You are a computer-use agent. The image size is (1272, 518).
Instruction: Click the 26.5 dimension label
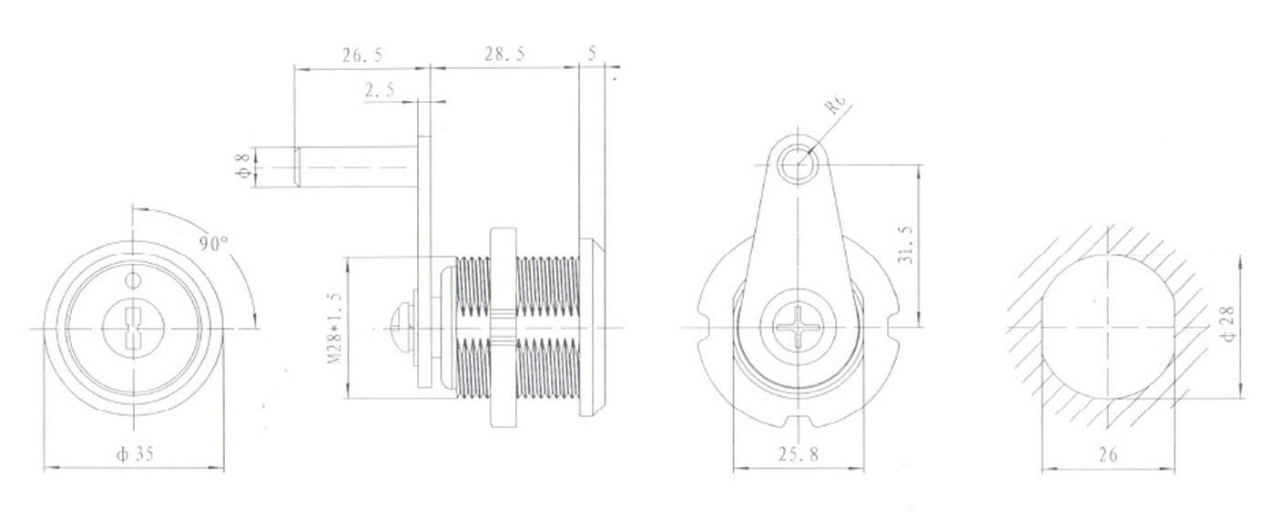[361, 56]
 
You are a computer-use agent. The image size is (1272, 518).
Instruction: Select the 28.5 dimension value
[504, 55]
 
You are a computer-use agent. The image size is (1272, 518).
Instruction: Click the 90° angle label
[214, 244]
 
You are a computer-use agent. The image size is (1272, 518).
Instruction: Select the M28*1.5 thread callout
[334, 329]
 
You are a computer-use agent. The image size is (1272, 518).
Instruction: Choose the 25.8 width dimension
[799, 454]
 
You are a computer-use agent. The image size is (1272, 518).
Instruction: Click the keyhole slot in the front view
[133, 328]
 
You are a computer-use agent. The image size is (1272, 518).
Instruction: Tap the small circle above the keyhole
[133, 278]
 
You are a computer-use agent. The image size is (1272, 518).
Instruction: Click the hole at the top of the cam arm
[799, 164]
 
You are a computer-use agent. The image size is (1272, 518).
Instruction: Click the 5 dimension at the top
[593, 55]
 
